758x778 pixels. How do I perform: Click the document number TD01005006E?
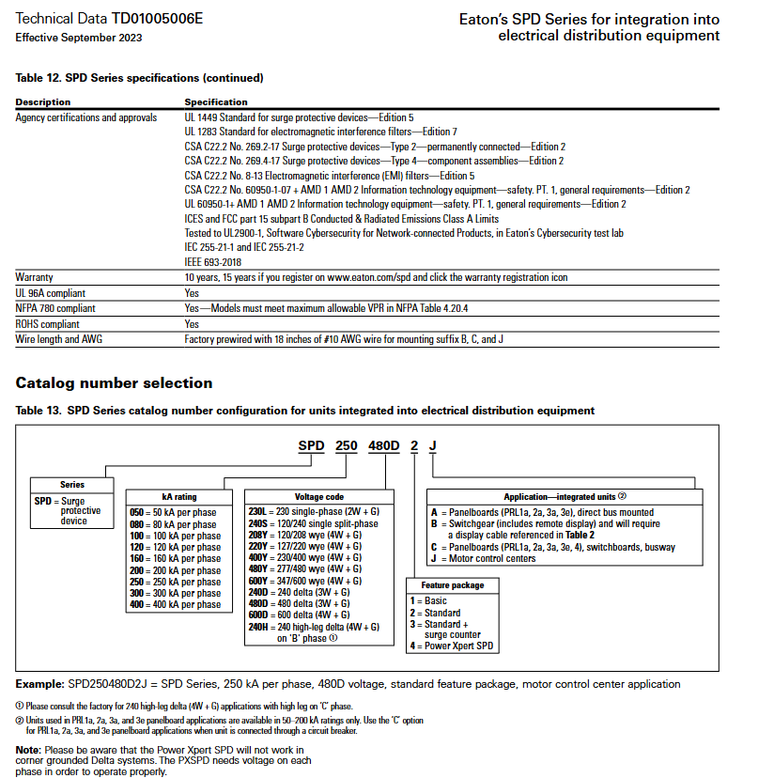coord(157,19)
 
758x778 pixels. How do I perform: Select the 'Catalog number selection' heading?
coord(114,382)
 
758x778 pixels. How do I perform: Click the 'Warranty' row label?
coord(35,277)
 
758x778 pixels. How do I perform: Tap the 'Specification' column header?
coord(216,101)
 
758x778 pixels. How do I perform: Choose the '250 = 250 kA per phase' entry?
coord(174,583)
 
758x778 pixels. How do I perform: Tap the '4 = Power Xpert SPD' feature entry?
coord(451,646)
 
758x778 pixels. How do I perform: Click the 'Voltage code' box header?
coord(318,496)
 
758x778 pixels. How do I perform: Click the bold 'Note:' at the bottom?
coord(28,749)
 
